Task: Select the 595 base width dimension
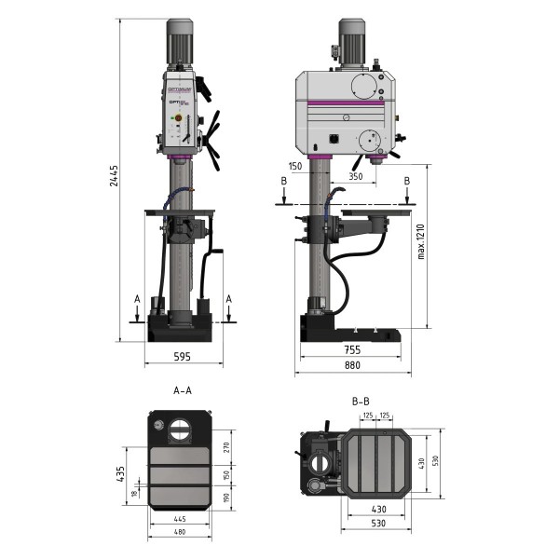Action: coord(183,356)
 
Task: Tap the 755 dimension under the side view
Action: coord(351,350)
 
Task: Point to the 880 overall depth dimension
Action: coord(351,366)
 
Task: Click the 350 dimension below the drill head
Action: coord(356,175)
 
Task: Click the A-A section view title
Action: coord(183,391)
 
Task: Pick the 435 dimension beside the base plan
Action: coord(120,475)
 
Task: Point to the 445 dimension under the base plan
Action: coord(178,519)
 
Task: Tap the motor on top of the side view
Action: coord(351,42)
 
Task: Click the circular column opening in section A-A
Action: coord(178,430)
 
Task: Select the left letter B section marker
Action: coord(282,182)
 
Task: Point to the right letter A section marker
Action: coord(229,299)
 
